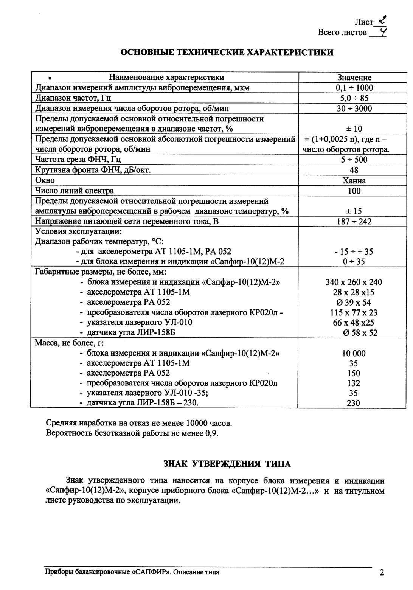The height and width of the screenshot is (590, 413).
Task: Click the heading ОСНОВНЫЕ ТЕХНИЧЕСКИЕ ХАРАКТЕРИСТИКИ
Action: tap(227, 53)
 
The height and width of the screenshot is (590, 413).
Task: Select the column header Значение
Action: tap(354, 78)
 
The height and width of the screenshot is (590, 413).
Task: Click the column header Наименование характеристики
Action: tap(166, 78)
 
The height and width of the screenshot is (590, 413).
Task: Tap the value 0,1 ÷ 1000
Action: tap(354, 88)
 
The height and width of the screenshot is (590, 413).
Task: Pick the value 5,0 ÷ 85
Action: tap(354, 98)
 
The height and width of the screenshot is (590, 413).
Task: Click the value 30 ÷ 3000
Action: tap(354, 109)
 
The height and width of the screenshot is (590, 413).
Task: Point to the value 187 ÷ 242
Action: tap(354, 221)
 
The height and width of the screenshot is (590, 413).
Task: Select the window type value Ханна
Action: tap(354, 180)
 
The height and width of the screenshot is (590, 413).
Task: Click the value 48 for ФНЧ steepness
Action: tap(354, 170)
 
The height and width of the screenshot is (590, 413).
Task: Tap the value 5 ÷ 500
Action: tap(354, 160)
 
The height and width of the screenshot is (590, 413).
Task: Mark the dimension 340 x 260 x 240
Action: tap(354, 282)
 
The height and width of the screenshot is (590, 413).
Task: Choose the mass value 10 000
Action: tap(354, 354)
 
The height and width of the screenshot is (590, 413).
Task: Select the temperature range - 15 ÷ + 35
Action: tap(354, 252)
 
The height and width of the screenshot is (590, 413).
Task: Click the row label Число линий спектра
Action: tap(75, 191)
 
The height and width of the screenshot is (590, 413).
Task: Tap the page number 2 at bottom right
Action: tap(382, 573)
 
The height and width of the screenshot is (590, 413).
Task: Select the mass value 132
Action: tap(354, 383)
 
